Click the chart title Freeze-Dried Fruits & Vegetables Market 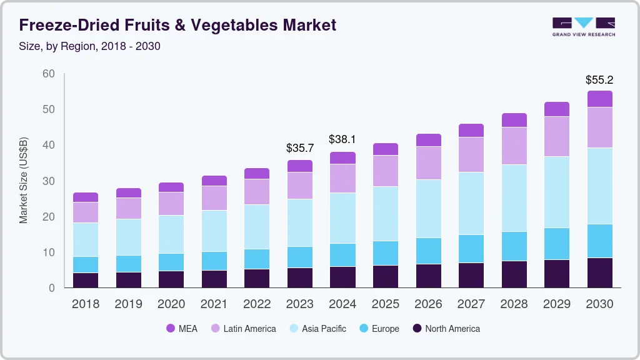click(177, 25)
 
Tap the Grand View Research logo click(583, 26)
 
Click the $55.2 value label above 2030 click(599, 80)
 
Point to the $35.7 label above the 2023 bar click(300, 148)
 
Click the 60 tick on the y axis click(49, 74)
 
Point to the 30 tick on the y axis click(49, 181)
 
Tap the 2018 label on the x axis click(86, 304)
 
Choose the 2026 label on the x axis click(429, 304)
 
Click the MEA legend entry click(182, 329)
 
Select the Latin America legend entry click(243, 329)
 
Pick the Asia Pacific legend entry click(317, 329)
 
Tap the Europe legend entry click(378, 329)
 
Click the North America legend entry click(446, 329)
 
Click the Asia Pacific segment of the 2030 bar click(600, 186)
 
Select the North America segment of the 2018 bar click(86, 280)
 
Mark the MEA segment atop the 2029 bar click(557, 109)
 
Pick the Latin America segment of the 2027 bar click(471, 154)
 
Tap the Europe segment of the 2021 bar click(214, 261)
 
